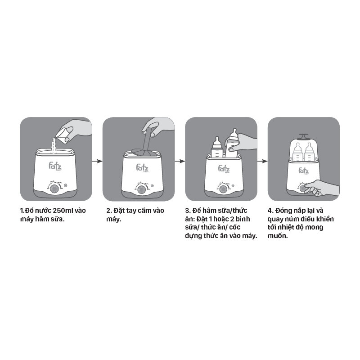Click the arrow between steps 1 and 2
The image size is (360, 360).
(97, 161)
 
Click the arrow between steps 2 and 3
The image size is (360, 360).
(180, 161)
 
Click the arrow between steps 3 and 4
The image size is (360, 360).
(262, 161)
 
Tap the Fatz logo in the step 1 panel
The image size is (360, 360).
(55, 166)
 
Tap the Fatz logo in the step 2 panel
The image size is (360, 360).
(142, 167)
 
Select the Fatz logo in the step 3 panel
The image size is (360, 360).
(224, 169)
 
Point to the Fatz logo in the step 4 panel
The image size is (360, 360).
(303, 171)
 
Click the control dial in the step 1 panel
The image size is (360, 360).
(54, 189)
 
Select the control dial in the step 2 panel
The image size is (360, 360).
(141, 189)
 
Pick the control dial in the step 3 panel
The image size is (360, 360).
(223, 189)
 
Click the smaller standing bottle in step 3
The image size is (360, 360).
(217, 148)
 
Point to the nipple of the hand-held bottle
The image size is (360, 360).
(234, 132)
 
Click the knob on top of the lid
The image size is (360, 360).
(303, 136)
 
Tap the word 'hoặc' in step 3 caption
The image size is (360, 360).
(222, 219)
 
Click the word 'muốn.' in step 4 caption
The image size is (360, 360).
(278, 235)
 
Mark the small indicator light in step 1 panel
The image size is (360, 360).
(65, 185)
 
